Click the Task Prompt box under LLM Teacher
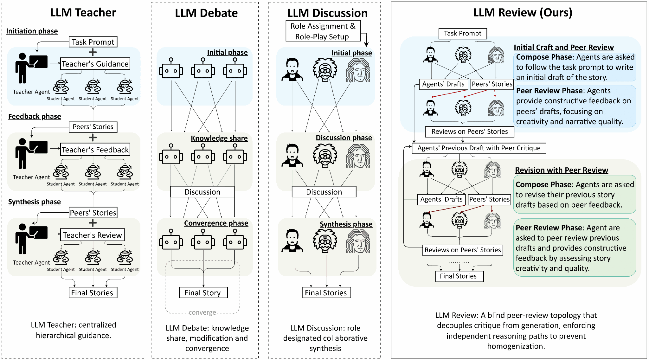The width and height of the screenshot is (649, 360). [x=93, y=42]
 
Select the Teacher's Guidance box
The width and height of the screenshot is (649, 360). [x=95, y=64]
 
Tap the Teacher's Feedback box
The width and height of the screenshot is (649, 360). [x=95, y=150]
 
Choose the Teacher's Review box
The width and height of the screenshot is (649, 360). [x=92, y=235]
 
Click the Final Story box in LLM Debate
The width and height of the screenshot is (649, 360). [x=203, y=292]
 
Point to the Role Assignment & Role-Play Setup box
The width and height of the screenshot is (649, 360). [x=323, y=31]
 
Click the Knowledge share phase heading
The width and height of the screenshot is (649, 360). [x=219, y=138]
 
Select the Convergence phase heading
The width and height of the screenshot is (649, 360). [x=216, y=223]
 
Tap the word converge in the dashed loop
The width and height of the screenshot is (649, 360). [x=202, y=312]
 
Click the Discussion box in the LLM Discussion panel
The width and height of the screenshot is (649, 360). [x=324, y=192]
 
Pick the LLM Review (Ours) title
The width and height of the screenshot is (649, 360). [x=523, y=13]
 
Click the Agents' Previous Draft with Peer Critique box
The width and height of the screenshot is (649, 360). [x=479, y=148]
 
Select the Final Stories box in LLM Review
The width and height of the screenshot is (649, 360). [x=459, y=276]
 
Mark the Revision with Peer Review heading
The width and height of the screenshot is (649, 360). [x=561, y=170]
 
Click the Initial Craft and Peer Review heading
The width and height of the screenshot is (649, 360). [x=563, y=48]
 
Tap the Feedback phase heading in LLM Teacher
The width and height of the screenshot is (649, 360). [x=35, y=116]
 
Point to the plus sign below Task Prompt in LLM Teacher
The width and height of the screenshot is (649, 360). [x=93, y=52]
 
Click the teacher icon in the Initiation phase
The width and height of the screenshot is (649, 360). [x=31, y=67]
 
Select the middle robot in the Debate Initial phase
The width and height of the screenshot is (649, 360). [x=203, y=69]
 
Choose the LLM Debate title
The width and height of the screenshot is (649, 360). [x=206, y=13]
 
